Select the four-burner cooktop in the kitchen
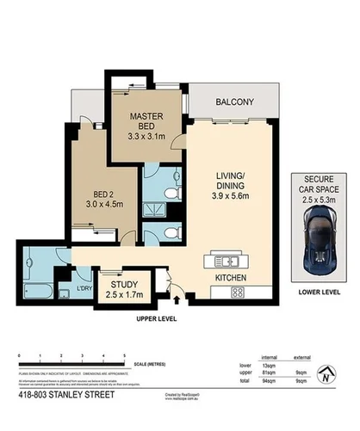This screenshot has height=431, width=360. pos(237,292)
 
